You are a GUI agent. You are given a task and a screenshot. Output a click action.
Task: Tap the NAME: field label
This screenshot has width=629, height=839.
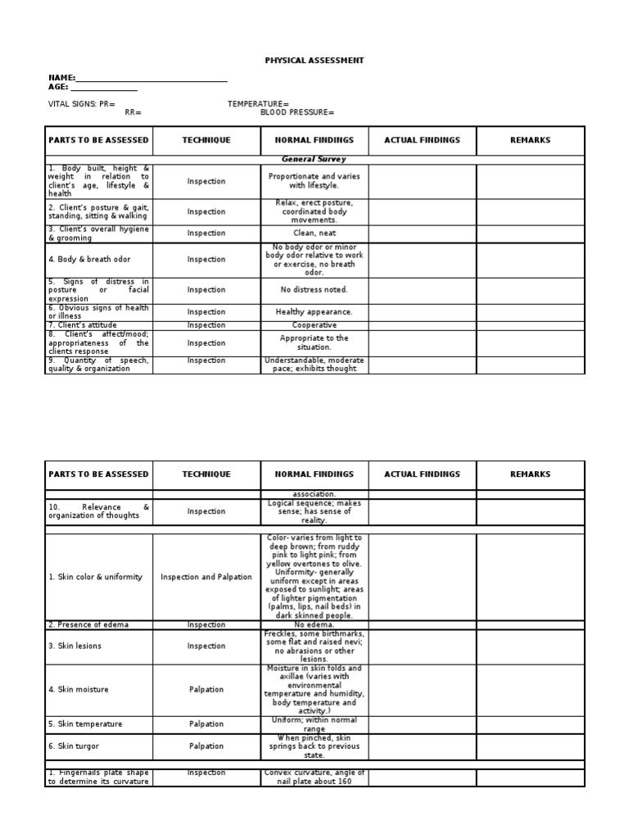(61, 78)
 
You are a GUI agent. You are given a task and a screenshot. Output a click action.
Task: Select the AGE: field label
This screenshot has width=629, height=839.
(58, 87)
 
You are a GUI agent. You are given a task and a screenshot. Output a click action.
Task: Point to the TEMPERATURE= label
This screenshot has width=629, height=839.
(258, 104)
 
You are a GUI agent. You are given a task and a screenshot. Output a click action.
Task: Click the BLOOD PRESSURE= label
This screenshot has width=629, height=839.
(297, 112)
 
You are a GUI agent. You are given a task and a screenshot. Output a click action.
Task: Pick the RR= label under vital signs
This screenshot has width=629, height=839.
(133, 112)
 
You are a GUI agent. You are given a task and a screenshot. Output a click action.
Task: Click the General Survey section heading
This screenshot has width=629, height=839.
(314, 160)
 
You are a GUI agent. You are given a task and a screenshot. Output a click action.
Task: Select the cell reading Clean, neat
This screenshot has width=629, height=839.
(314, 234)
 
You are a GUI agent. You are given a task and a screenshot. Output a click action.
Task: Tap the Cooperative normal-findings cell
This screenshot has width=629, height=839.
(314, 325)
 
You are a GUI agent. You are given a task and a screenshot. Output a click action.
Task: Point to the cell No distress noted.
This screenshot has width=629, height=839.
(314, 290)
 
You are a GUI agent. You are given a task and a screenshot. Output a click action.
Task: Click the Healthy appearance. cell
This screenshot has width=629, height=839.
(314, 312)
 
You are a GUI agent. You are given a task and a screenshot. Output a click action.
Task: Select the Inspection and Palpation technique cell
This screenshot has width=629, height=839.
(206, 578)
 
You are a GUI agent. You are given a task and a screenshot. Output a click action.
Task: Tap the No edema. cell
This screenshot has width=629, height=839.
(314, 625)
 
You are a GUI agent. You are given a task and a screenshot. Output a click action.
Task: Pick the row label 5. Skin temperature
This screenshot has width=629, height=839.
(85, 724)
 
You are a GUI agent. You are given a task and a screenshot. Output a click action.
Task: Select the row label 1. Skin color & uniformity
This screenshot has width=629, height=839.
(95, 578)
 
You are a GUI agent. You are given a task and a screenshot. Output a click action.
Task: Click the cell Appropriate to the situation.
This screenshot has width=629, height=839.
(314, 343)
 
